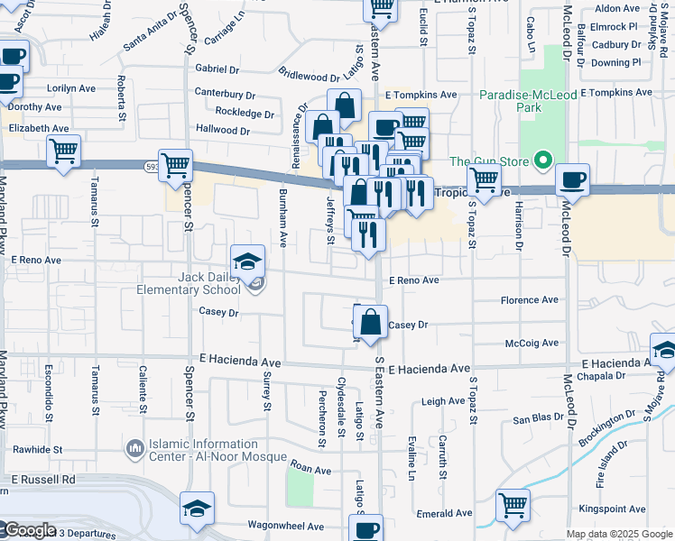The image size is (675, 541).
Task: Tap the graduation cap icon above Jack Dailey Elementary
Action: pyautogui.click(x=247, y=261)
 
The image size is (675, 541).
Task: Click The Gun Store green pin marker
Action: pyautogui.click(x=541, y=162)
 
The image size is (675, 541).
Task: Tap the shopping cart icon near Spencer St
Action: pyautogui.click(x=175, y=166)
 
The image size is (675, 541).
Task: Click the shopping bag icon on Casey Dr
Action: pyautogui.click(x=370, y=322)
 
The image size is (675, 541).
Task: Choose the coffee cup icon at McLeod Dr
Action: pyautogui.click(x=572, y=180)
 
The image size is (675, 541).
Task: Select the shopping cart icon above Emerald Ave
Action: pyautogui.click(x=513, y=505)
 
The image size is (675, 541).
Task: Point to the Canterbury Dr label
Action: pyautogui.click(x=226, y=95)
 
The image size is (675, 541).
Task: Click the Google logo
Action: pyautogui.click(x=29, y=530)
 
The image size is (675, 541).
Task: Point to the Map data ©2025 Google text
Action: pyautogui.click(x=619, y=534)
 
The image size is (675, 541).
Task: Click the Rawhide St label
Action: pyautogui.click(x=37, y=449)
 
